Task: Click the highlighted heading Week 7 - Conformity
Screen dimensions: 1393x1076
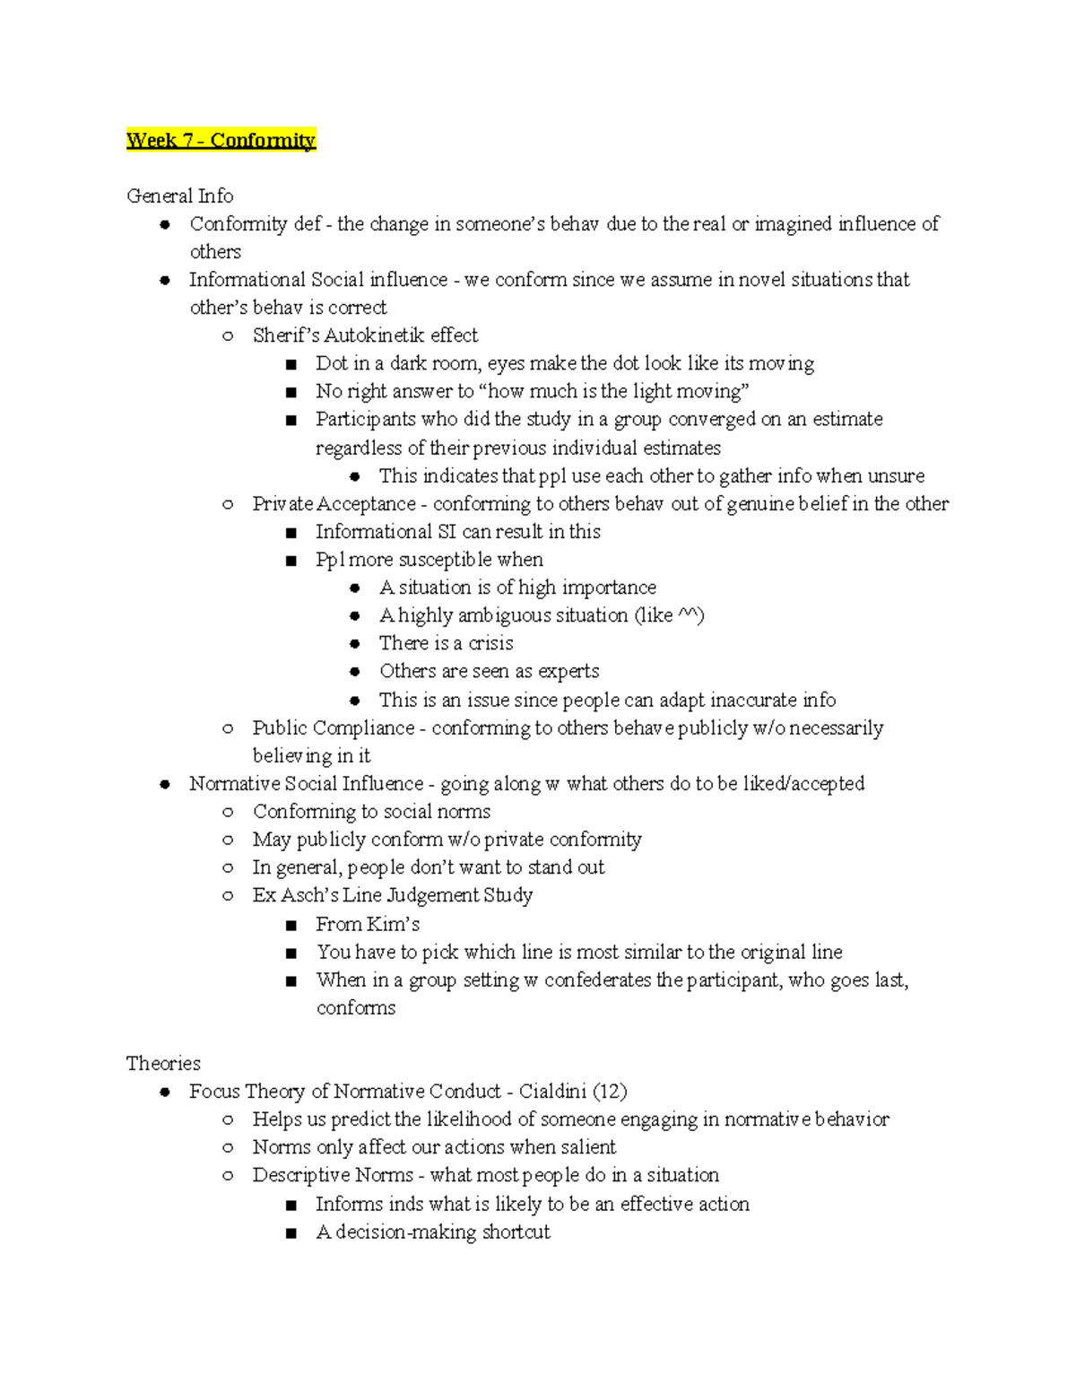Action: pyautogui.click(x=221, y=140)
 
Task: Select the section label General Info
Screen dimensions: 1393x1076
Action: pyautogui.click(x=179, y=196)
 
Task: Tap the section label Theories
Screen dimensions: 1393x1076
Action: pyautogui.click(x=163, y=1063)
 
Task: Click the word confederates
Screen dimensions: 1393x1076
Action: pyautogui.click(x=598, y=979)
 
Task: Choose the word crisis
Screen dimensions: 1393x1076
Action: pyautogui.click(x=490, y=643)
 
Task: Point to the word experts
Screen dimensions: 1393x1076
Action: pyautogui.click(x=568, y=671)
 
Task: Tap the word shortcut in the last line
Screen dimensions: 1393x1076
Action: pyautogui.click(x=516, y=1232)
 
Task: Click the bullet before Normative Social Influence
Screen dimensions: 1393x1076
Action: pyautogui.click(x=165, y=784)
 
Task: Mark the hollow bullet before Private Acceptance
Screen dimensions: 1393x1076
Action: pyautogui.click(x=228, y=504)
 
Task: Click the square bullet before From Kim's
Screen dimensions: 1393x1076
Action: pyautogui.click(x=291, y=925)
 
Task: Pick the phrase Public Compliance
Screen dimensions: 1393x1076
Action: pyautogui.click(x=334, y=727)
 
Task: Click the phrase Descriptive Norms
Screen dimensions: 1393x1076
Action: pyautogui.click(x=333, y=1175)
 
